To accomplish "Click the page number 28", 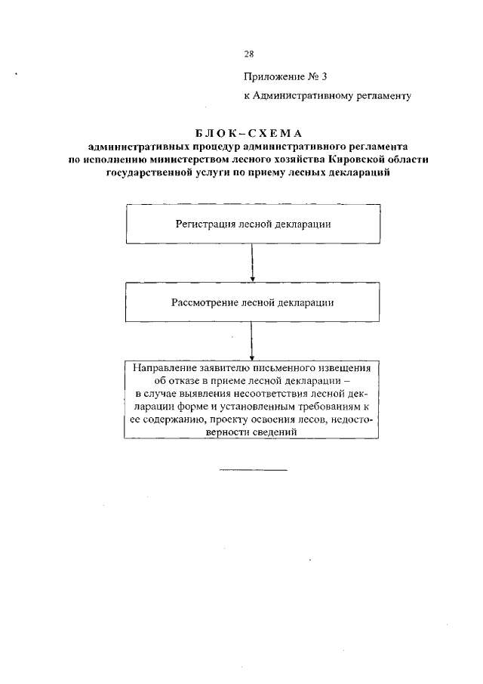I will [249, 54].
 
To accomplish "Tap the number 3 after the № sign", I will [325, 76].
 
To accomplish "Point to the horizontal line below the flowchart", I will [253, 470].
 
